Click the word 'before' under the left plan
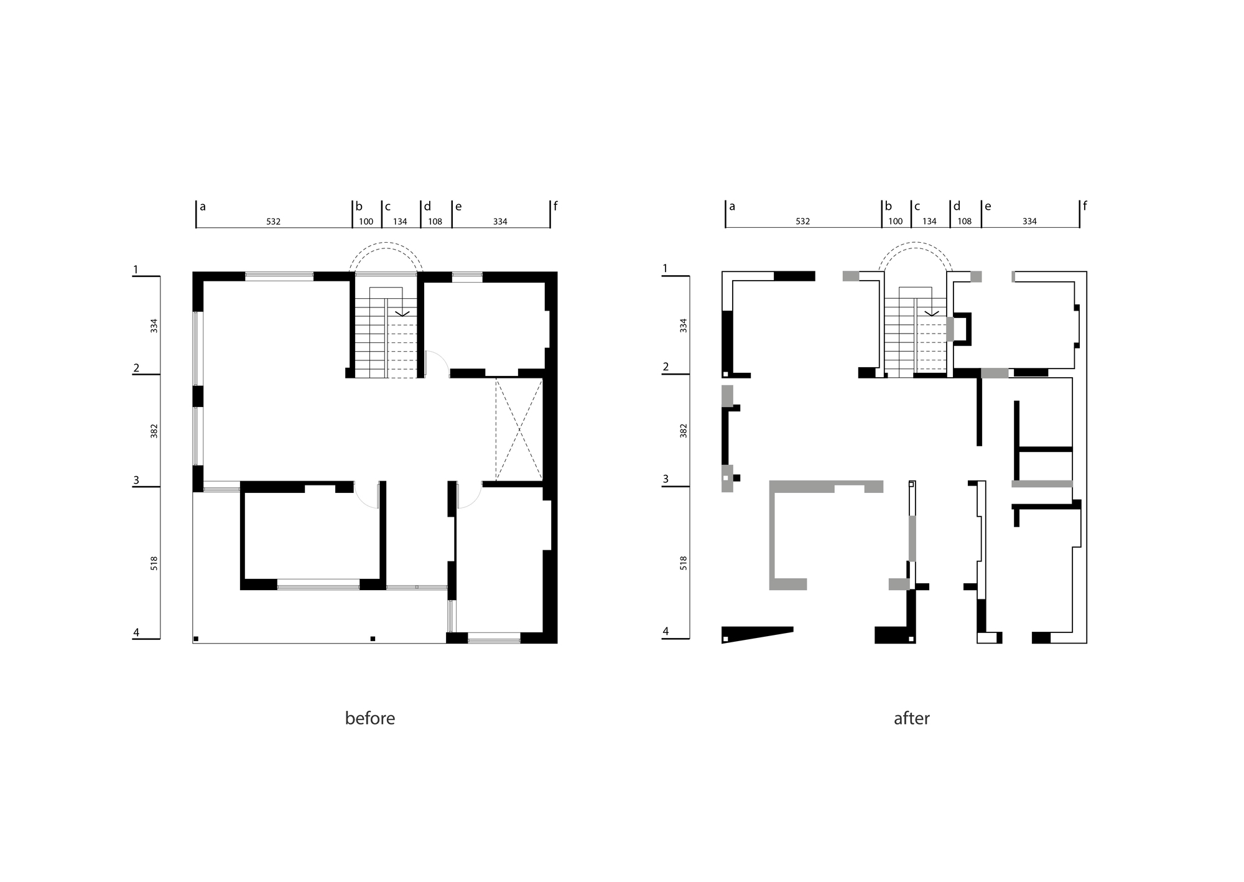pos(369,718)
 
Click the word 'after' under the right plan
pos(911,718)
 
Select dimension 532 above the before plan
pos(273,222)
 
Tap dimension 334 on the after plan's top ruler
pos(1029,222)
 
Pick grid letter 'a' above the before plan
pos(203,207)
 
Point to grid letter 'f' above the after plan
pos(1085,205)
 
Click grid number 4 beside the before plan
pos(136,632)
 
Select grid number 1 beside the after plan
pos(665,268)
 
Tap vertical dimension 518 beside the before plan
pos(154,563)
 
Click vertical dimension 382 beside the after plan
pos(684,431)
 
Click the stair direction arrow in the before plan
pos(402,313)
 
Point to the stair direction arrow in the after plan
pos(932,313)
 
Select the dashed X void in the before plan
pos(519,429)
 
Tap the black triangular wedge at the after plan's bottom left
pos(756,634)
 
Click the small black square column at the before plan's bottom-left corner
pos(196,639)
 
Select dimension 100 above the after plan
pos(895,222)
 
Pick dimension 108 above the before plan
pos(435,222)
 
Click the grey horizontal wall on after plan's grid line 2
pos(995,373)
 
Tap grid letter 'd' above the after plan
pos(957,206)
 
